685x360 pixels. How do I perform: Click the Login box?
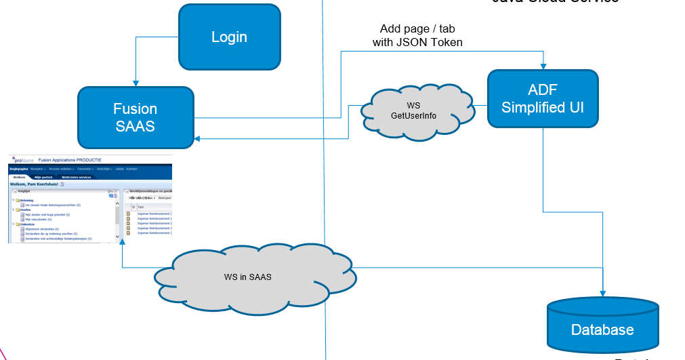[229, 37]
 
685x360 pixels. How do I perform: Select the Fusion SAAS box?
[135, 117]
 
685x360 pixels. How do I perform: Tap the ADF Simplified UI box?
[543, 98]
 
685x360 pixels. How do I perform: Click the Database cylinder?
[602, 329]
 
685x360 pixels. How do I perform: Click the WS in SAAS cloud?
[248, 277]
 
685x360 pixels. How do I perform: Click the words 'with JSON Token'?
[417, 43]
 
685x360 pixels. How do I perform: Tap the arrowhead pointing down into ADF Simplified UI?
[543, 66]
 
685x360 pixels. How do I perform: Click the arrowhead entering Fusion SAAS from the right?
[197, 138]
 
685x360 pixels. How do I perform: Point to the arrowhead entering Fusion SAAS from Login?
[136, 83]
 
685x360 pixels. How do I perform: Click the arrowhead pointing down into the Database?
[602, 293]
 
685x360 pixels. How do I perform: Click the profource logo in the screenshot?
[22, 159]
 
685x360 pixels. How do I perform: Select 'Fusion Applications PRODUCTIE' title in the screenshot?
[70, 159]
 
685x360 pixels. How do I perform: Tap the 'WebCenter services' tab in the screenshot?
[75, 177]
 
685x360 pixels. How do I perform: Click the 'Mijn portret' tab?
[43, 177]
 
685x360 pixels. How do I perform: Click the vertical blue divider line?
[325, 203]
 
